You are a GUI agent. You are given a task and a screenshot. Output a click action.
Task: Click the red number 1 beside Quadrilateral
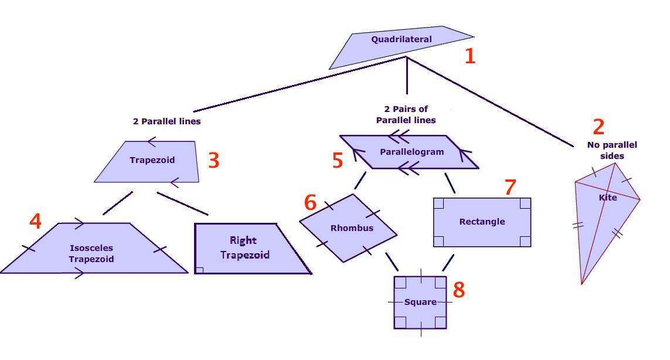click(x=470, y=56)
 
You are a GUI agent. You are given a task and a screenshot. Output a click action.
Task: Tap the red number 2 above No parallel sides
click(x=598, y=127)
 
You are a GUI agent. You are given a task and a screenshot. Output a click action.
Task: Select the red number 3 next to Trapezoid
click(x=213, y=160)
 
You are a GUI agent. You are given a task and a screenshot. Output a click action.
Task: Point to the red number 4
click(x=35, y=221)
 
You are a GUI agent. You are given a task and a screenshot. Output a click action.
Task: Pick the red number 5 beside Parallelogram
click(x=337, y=161)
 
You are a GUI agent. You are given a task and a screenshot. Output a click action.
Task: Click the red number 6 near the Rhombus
click(x=311, y=202)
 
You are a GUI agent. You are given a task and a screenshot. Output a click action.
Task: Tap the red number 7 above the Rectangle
click(x=510, y=188)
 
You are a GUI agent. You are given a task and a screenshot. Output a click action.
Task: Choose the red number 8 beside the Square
click(x=458, y=290)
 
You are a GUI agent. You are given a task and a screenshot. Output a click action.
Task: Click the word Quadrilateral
click(x=402, y=39)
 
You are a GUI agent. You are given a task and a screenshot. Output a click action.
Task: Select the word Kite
click(x=608, y=198)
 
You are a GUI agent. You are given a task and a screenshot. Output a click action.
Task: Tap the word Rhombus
click(x=352, y=227)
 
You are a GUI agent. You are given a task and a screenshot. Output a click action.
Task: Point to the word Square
click(x=420, y=302)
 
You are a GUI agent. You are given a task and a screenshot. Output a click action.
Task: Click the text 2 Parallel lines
click(x=166, y=121)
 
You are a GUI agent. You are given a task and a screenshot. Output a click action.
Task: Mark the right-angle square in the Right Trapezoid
click(x=200, y=270)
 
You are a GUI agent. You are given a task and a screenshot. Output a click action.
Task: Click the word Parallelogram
click(x=412, y=152)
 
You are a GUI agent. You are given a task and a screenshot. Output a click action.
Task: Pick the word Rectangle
click(x=482, y=222)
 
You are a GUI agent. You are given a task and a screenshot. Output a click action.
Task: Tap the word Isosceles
click(x=91, y=248)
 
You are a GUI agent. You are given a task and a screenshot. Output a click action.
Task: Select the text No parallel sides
click(x=612, y=150)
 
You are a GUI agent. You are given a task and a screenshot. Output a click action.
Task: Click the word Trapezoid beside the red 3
click(x=152, y=160)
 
